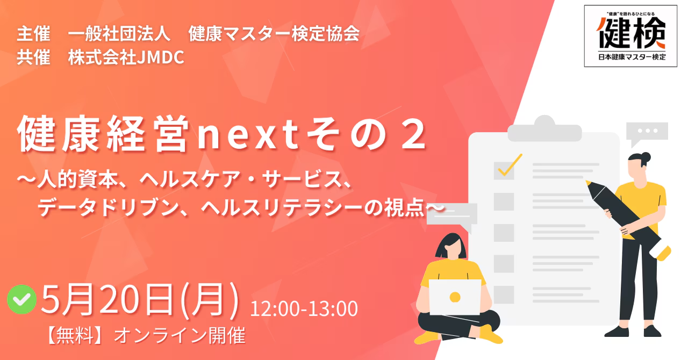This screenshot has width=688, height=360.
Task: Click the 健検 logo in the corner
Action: tap(630, 36)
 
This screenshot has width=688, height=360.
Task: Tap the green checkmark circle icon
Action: tap(22, 299)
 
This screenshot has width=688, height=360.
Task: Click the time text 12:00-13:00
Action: tap(304, 308)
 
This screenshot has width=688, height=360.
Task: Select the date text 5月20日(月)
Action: tap(140, 300)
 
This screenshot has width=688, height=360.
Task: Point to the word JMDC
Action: tap(160, 57)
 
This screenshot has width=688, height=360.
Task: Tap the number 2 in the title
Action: tap(414, 135)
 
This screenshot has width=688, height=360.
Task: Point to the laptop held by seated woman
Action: tap(455, 297)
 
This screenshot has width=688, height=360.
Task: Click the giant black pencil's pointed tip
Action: tap(588, 183)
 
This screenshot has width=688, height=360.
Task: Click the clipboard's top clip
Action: tap(544, 129)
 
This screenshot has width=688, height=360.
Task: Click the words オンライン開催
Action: tap(180, 335)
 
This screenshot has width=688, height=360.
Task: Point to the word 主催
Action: tap(33, 33)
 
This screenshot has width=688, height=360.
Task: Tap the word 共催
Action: tap(33, 57)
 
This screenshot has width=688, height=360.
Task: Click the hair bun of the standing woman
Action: tap(646, 157)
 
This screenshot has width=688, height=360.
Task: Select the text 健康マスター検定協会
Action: tap(274, 33)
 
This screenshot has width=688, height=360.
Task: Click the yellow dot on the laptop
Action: tap(455, 297)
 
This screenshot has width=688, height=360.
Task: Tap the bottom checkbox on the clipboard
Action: tap(504, 294)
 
